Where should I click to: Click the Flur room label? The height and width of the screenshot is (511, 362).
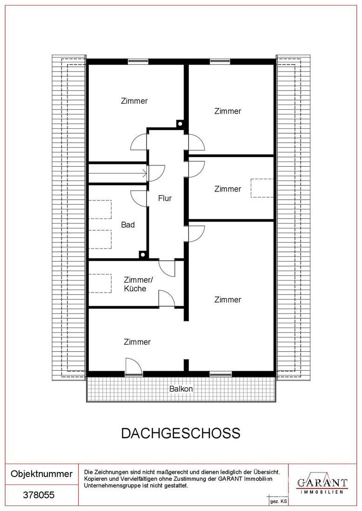pyautogui.click(x=165, y=198)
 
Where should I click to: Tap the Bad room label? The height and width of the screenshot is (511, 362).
pyautogui.click(x=127, y=224)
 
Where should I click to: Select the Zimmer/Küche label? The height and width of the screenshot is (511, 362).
pyautogui.click(x=138, y=284)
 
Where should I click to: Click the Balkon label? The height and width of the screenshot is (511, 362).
pyautogui.click(x=181, y=389)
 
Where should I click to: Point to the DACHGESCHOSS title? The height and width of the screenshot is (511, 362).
pyautogui.click(x=181, y=433)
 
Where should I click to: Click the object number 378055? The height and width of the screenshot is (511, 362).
pyautogui.click(x=39, y=495)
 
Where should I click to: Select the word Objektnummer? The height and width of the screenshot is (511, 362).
pyautogui.click(x=41, y=474)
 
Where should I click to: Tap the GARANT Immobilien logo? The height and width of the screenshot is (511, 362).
pyautogui.click(x=322, y=484)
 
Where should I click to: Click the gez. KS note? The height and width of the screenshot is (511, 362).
pyautogui.click(x=278, y=501)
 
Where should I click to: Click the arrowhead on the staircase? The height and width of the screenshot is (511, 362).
pyautogui.click(x=144, y=173)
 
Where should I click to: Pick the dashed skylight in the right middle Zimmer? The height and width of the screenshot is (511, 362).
pyautogui.click(x=262, y=188)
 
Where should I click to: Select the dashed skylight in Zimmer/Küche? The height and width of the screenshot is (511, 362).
pyautogui.click(x=100, y=283)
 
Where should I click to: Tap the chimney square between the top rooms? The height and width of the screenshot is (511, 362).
pyautogui.click(x=180, y=124)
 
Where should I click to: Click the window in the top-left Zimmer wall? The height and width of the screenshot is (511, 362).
pyautogui.click(x=138, y=62)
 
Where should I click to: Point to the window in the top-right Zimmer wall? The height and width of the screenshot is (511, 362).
pyautogui.click(x=220, y=62)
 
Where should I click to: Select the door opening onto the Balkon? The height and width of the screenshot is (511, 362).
pyautogui.click(x=134, y=367)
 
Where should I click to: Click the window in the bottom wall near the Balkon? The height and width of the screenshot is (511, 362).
pyautogui.click(x=221, y=374)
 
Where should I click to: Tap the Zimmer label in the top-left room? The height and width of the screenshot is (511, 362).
pyautogui.click(x=134, y=101)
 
